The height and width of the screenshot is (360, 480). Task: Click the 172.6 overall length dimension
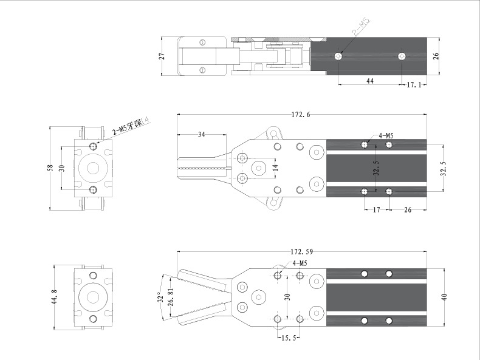tap(301, 114)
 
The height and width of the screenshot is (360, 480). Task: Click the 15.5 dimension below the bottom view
tap(288, 338)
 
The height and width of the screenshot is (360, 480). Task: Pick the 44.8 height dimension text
tap(54, 297)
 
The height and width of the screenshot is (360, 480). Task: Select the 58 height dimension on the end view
tap(50, 169)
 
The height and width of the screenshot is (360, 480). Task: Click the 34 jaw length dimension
tap(202, 134)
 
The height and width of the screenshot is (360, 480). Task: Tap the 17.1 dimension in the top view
tap(414, 85)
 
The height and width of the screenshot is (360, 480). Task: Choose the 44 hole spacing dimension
tap(369, 80)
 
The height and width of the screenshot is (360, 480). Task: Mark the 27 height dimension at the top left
tap(162, 56)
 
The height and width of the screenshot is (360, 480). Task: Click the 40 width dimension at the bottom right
tap(444, 297)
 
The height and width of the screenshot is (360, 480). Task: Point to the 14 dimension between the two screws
tap(275, 168)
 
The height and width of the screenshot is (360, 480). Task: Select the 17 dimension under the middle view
tap(376, 209)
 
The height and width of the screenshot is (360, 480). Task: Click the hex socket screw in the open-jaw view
tap(259, 297)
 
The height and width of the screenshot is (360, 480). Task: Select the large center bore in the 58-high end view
tap(92, 168)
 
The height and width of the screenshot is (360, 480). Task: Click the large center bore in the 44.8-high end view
tap(92, 297)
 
